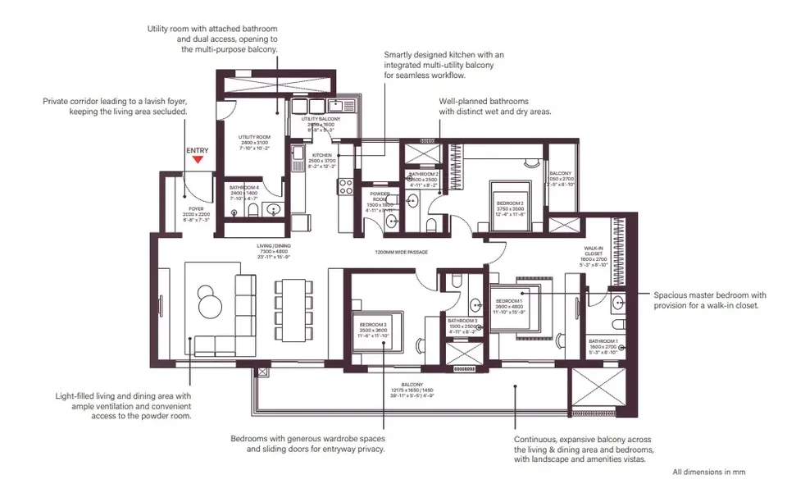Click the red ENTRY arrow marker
coord(198,161)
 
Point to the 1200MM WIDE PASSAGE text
coord(402,252)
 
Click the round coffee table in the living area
coord(209,303)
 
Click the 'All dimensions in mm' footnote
coord(709,472)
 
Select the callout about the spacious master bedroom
coord(710,300)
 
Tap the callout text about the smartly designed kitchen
coord(444,66)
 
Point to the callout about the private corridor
coord(116,107)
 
